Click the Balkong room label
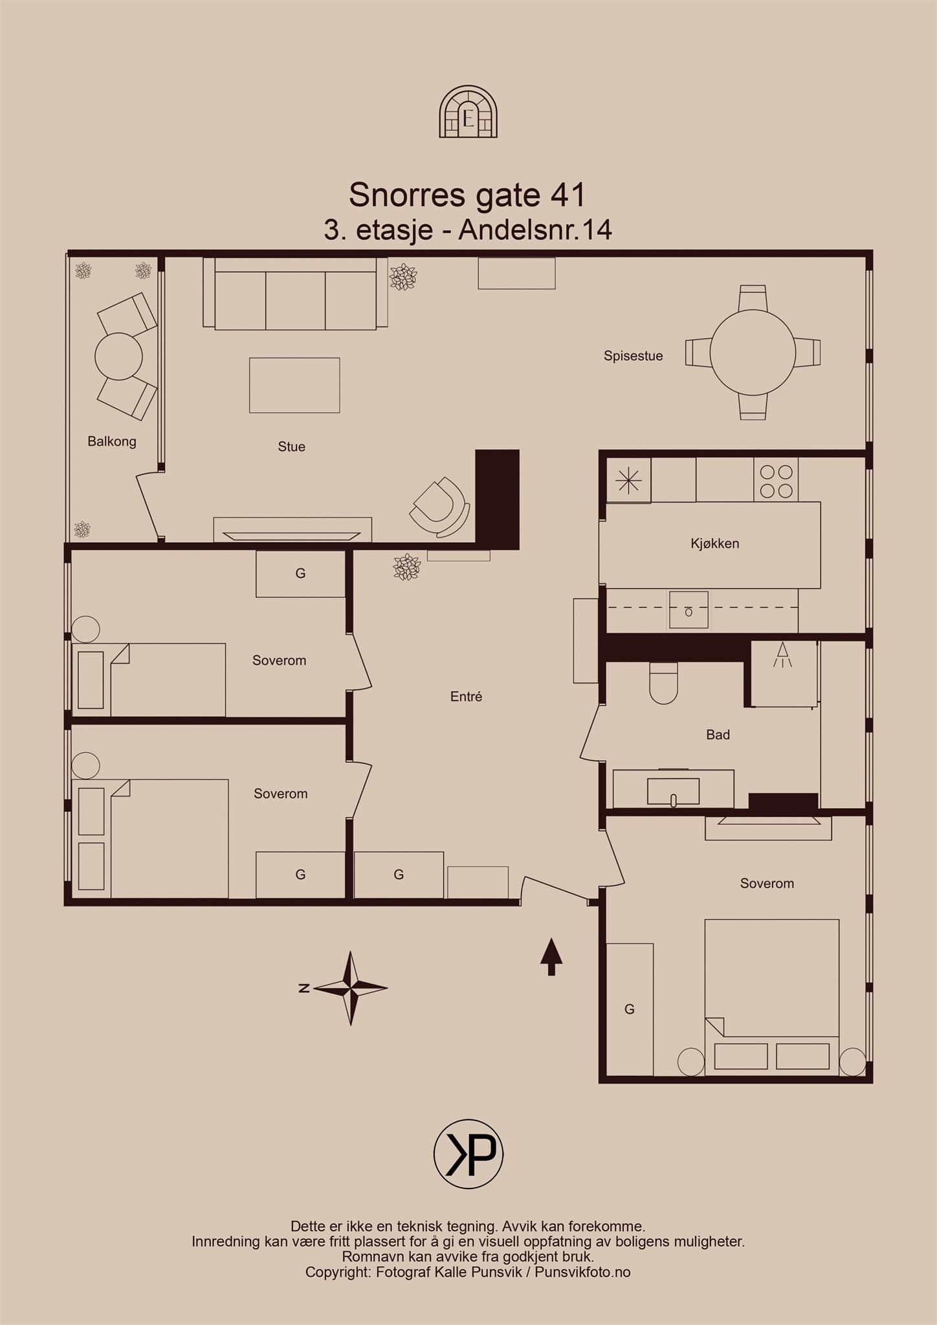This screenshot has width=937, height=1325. [x=112, y=441]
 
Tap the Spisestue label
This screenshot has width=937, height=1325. [x=633, y=356]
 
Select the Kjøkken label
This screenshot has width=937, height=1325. [x=714, y=543]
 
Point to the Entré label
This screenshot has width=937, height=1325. [x=466, y=697]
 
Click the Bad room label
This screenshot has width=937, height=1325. [x=718, y=735]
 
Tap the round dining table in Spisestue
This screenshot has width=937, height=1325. [x=753, y=353]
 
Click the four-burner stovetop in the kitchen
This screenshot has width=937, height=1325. [x=776, y=480]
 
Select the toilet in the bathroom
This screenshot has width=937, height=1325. [x=663, y=683]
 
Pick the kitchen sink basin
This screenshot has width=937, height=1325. [x=689, y=609]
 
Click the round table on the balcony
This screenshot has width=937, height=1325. [x=118, y=356]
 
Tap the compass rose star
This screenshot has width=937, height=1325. [x=350, y=988]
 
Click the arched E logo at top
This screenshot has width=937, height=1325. [x=469, y=112]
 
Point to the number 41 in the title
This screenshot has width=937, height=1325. [x=568, y=195]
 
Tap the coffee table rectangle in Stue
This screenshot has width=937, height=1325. [x=294, y=385]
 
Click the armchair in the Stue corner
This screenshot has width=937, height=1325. [x=440, y=507]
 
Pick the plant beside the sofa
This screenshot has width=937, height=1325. [x=403, y=277]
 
